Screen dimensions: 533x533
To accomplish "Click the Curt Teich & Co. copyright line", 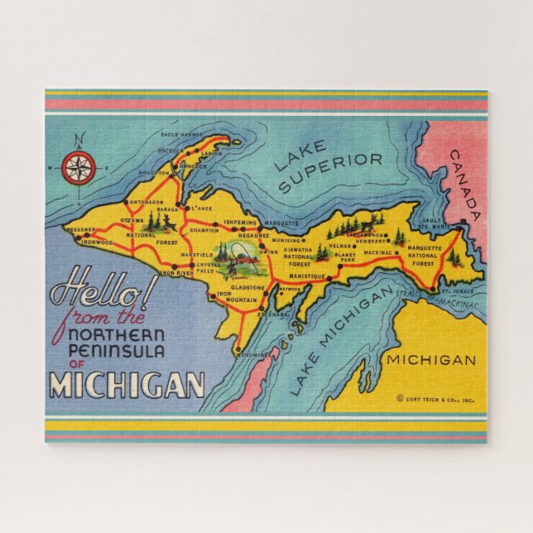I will tap(435, 398).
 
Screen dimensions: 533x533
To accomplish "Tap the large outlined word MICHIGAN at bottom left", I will tap(126, 385).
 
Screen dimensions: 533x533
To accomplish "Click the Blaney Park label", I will tap(346, 257).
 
